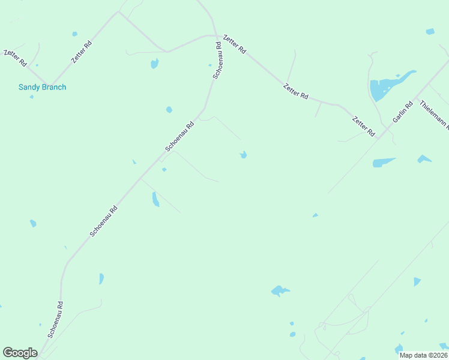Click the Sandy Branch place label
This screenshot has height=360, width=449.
click(42, 87)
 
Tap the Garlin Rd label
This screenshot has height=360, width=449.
click(403, 113)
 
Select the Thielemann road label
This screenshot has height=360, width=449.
click(434, 114)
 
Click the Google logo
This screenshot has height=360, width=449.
click(20, 353)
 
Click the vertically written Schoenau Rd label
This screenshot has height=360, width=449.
click(219, 61)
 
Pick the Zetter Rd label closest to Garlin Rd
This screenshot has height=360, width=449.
click(363, 126)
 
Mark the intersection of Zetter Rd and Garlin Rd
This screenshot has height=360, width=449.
click(378, 138)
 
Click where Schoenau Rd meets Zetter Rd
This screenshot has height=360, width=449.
click(217, 37)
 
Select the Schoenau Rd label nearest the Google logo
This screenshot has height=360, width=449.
click(56, 319)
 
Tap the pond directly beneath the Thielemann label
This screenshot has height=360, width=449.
click(424, 159)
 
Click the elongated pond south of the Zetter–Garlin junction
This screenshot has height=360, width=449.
click(384, 162)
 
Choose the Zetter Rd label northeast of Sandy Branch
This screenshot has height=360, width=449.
click(82, 52)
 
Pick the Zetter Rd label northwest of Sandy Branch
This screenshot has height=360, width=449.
click(15, 58)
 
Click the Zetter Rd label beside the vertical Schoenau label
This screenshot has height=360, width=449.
click(234, 45)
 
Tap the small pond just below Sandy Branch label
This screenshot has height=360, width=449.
click(31, 97)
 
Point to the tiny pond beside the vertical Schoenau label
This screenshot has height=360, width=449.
click(210, 65)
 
